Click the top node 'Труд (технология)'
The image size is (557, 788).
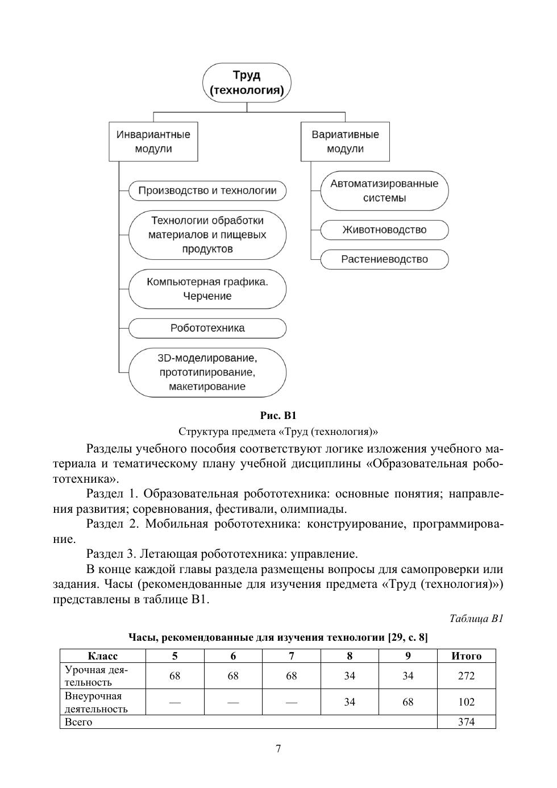247,83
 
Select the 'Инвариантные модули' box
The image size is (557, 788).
153,142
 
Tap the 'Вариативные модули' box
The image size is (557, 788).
345,142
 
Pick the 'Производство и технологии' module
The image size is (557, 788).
207,190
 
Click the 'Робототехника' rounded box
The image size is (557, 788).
207,328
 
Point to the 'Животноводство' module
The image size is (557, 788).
384,230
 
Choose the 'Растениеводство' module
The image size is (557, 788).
384,260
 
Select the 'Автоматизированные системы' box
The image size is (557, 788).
384,191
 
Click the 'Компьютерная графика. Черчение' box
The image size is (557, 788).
207,289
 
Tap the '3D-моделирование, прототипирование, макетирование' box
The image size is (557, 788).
207,372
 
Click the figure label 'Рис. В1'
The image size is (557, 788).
278,416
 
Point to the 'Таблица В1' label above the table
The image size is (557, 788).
476,619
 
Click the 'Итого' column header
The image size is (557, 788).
466,656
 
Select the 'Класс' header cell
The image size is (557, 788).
103,656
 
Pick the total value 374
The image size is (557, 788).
466,722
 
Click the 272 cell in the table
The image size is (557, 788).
466,676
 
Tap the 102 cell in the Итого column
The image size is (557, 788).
466,702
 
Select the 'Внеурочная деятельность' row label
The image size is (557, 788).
97,702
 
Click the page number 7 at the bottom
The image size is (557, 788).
278,749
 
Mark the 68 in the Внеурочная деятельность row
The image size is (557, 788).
408,702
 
